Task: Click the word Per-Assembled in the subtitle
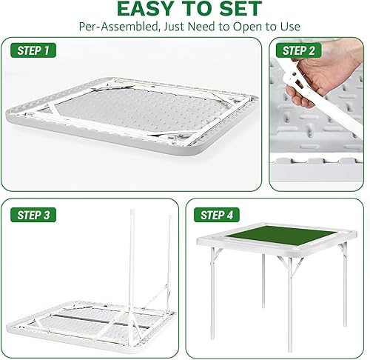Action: click(x=122, y=27)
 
